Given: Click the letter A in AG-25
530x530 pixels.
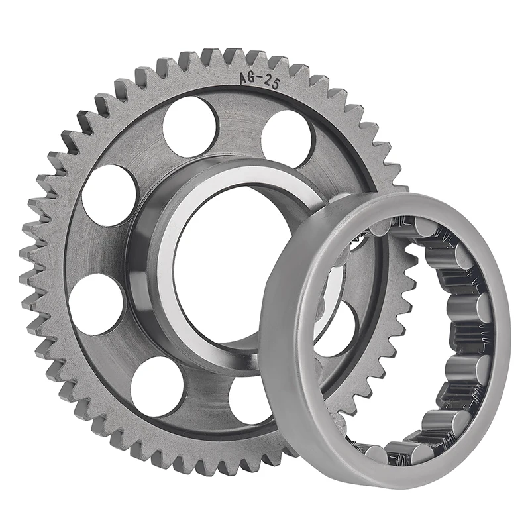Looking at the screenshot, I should point(244,79).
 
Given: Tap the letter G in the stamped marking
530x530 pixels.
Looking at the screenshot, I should point(252,78).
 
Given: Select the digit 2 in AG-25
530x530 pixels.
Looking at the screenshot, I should point(267,76).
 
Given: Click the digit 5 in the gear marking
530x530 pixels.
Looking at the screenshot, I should point(275,75).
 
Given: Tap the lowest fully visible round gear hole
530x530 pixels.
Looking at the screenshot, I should point(157,386).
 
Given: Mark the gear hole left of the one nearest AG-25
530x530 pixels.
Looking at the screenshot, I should point(191,127).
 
